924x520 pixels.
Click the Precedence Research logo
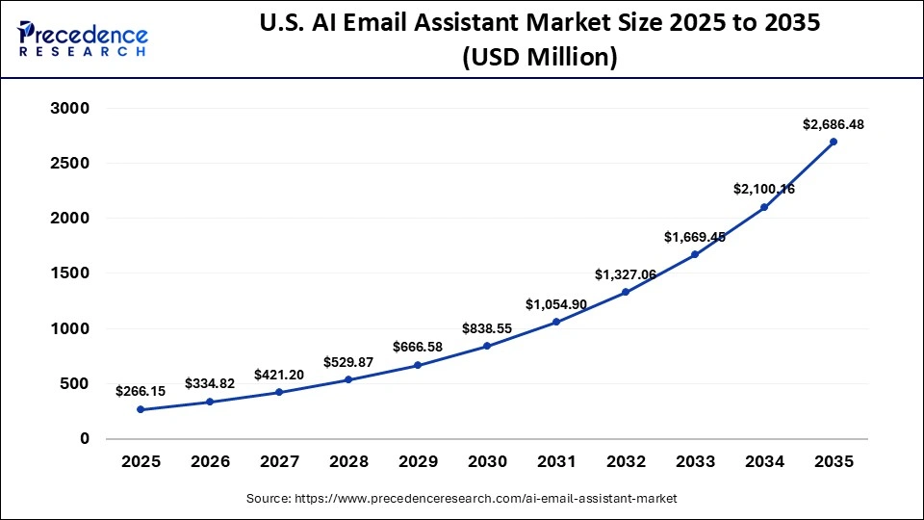83,39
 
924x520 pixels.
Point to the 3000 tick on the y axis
69,109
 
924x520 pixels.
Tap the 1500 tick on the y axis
69,273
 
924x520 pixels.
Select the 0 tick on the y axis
84,439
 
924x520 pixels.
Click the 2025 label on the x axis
141,462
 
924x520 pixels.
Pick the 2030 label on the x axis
487,462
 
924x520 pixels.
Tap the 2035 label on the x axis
834,462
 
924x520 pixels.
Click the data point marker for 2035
834,142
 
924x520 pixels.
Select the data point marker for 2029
418,365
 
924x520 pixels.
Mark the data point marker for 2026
210,402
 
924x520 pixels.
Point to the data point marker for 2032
626,292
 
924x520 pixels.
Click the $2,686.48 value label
834,124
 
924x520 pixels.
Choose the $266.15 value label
141,392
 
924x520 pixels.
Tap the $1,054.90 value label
556,304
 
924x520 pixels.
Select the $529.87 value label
348,361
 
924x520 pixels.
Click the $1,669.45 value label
695,237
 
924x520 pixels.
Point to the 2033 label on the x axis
695,462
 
